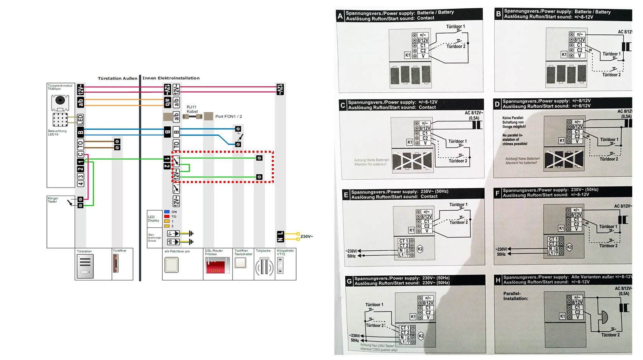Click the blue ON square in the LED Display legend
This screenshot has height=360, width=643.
coord(167,212)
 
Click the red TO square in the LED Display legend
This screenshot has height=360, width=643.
coord(167,217)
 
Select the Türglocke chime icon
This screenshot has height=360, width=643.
coord(264,267)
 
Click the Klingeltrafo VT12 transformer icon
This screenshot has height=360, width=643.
coord(280,265)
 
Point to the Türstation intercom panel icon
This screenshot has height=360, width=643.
coord(85,266)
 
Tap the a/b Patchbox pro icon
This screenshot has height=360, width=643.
coord(171,265)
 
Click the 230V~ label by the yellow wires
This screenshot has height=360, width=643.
coord(306,237)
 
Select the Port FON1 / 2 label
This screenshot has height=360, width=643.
coord(228,116)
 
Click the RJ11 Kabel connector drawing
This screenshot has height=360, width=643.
coord(192,116)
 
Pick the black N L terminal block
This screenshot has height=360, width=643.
coord(280,236)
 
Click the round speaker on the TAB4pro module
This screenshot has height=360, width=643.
coord(60,101)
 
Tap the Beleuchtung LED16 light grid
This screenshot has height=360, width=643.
coord(60,119)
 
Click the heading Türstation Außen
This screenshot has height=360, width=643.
coord(117,78)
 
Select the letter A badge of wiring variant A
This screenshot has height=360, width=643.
coord(340,16)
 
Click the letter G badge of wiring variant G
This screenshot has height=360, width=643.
coord(349,281)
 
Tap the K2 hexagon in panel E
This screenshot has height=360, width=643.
coord(420,249)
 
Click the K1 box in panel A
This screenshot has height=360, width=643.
coord(407,55)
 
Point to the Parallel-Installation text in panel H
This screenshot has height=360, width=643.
coord(515,296)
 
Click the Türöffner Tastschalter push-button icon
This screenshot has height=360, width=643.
coord(241,263)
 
